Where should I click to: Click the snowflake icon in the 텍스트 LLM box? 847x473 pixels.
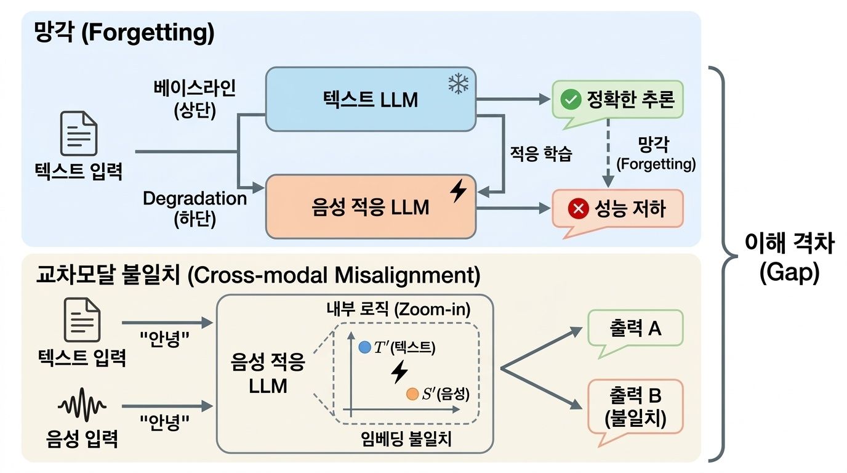(457, 85)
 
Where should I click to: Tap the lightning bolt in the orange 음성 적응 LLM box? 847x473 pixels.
(457, 192)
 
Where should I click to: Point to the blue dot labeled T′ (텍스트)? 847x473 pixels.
(364, 347)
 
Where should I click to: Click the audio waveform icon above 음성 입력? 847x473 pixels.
(82, 407)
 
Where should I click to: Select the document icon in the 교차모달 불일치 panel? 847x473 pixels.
(81, 320)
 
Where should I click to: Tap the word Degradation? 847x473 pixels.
(195, 198)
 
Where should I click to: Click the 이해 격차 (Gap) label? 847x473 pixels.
(789, 259)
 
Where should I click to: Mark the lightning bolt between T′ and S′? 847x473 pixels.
(399, 371)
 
